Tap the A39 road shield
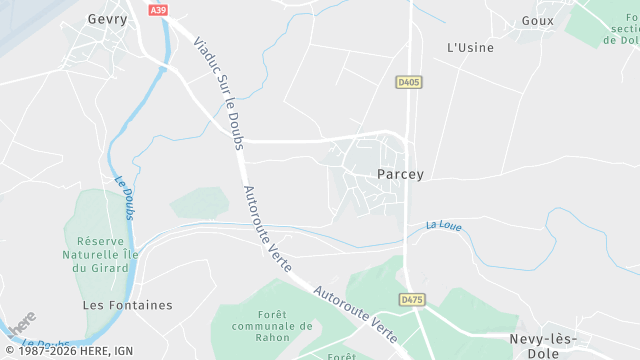pyautogui.click(x=157, y=10)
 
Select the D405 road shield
pyautogui.click(x=407, y=81)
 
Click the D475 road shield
pyautogui.click(x=411, y=299)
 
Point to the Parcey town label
pyautogui.click(x=401, y=174)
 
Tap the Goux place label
pyautogui.click(x=538, y=20)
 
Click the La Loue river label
pyautogui.click(x=443, y=225)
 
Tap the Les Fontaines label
pyautogui.click(x=127, y=305)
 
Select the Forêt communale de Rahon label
pyautogui.click(x=272, y=325)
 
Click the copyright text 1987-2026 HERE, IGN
pyautogui.click(x=68, y=350)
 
